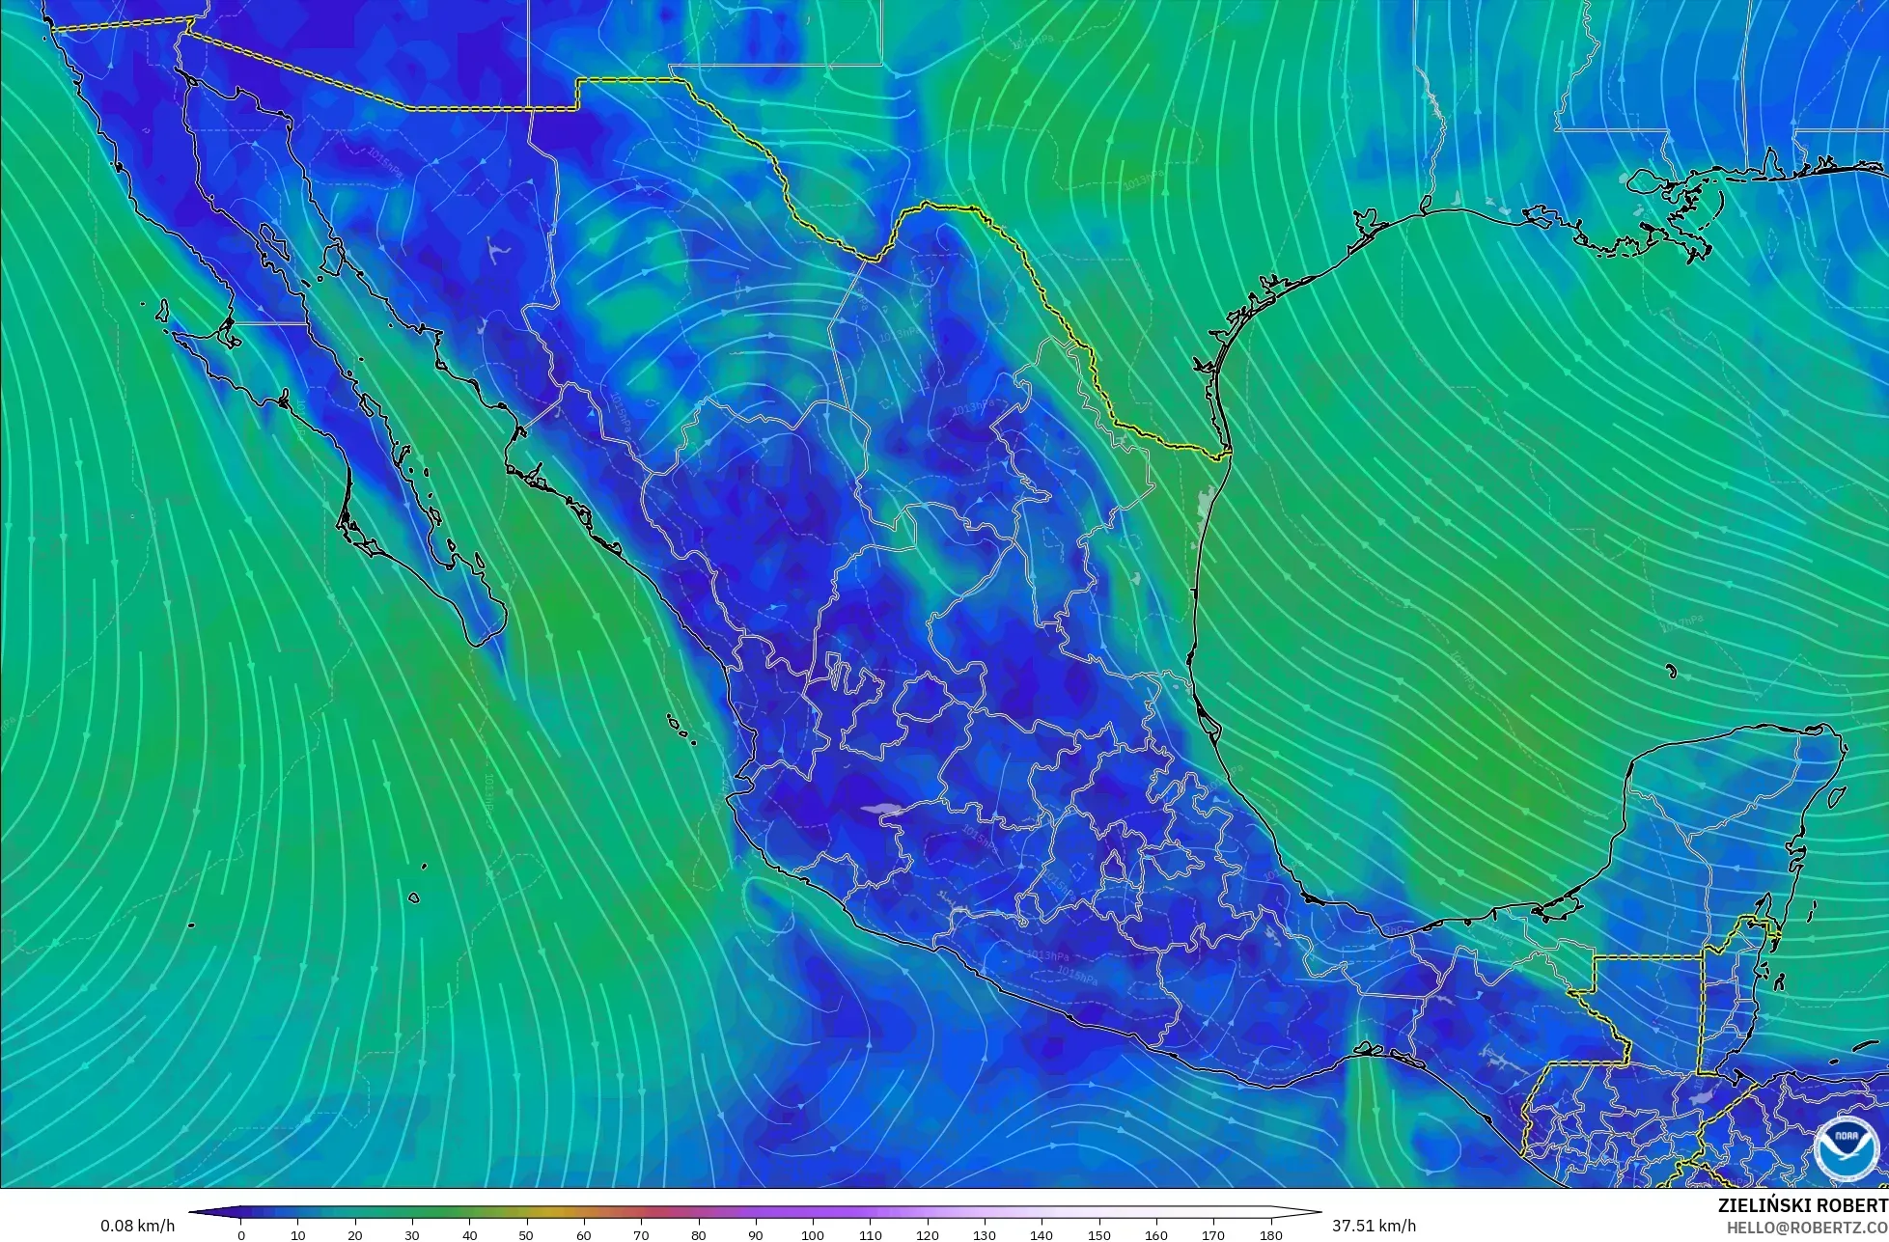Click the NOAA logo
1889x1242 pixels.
tap(1846, 1147)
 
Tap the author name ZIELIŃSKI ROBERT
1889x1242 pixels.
tap(1802, 1205)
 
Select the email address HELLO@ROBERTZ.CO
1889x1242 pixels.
tap(1807, 1228)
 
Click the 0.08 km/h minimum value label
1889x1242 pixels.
tap(137, 1226)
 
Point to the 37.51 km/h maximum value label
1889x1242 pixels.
tap(1374, 1226)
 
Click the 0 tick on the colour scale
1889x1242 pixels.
tap(241, 1235)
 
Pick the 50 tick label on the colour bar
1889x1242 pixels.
tap(526, 1235)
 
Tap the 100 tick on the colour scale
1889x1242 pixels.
tap(813, 1235)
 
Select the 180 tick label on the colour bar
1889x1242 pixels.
tap(1270, 1235)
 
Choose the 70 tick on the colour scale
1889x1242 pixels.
tap(641, 1235)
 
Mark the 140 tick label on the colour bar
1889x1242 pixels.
tap(1042, 1235)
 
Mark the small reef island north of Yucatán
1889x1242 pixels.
tap(1671, 671)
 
